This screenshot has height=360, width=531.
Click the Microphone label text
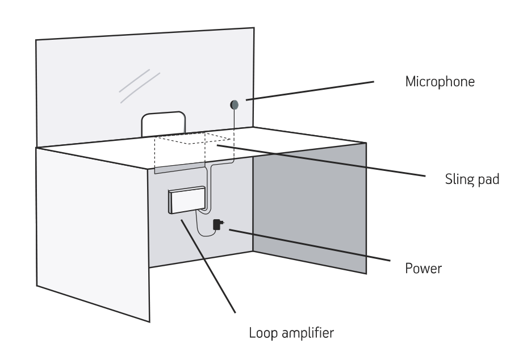coord(440,82)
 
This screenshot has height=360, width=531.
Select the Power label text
coord(423,267)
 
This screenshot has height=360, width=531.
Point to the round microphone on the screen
coord(234,104)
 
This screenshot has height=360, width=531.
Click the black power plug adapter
coord(216,225)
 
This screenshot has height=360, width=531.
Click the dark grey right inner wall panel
coord(310,207)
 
